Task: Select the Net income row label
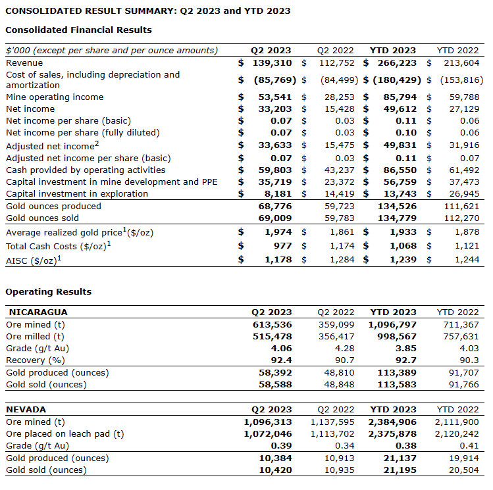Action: pos(30,109)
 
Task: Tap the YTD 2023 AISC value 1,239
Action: pos(402,260)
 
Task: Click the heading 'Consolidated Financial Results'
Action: pos(78,30)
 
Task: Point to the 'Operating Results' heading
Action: pos(48,292)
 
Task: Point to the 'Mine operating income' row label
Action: pos(55,97)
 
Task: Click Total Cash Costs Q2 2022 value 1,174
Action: pos(342,246)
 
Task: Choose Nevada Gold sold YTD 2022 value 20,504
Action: pos(464,470)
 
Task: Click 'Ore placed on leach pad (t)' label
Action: pos(64,433)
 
